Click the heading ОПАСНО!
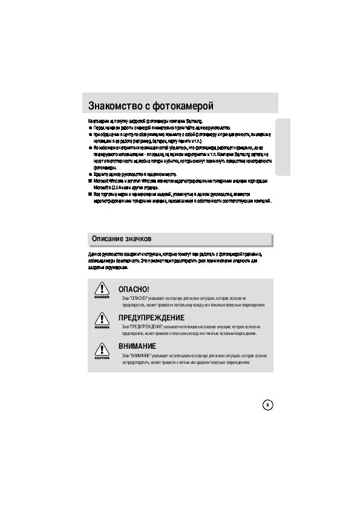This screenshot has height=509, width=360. [133, 290]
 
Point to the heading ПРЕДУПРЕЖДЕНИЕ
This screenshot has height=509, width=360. [151, 318]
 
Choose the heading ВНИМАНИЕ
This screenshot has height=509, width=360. [137, 346]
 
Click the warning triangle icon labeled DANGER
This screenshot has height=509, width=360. [101, 287]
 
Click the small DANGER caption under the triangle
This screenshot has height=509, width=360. [101, 297]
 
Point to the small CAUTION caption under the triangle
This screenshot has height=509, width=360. [101, 358]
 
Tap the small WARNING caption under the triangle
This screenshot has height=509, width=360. [101, 327]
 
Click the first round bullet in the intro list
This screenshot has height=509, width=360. [90, 128]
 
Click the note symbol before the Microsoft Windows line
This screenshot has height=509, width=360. [90, 181]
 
